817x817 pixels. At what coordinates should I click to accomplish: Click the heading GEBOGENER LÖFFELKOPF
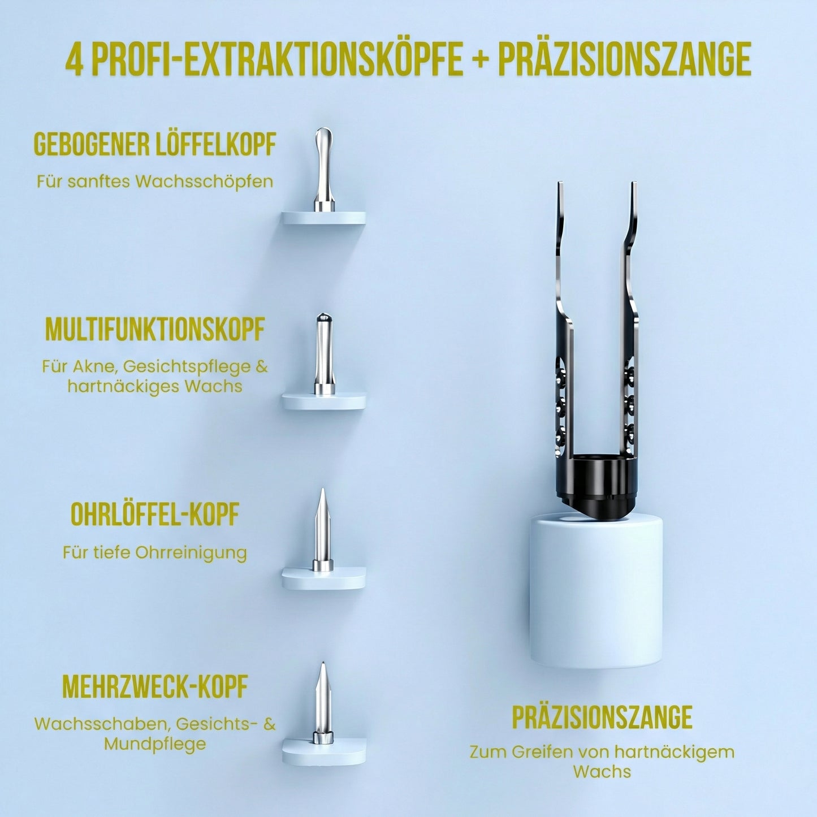pyautogui.click(x=155, y=145)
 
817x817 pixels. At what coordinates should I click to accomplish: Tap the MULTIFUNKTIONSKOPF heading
pyautogui.click(x=155, y=329)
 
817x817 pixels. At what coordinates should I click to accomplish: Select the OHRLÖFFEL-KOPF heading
pyautogui.click(x=155, y=515)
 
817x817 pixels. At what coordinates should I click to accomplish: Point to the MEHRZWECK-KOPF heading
pyautogui.click(x=155, y=686)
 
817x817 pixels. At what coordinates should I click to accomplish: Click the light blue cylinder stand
pyautogui.click(x=596, y=591)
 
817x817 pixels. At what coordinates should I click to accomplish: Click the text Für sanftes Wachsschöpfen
pyautogui.click(x=155, y=182)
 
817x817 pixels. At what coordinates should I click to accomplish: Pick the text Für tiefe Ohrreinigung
pyautogui.click(x=155, y=552)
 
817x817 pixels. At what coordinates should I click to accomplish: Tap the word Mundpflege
pyautogui.click(x=155, y=743)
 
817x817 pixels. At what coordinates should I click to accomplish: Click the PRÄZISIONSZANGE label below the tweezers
pyautogui.click(x=602, y=717)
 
